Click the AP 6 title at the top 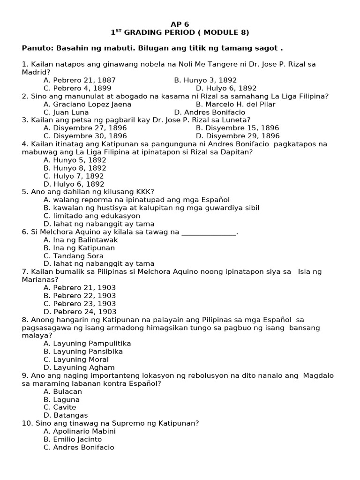pos(180,24)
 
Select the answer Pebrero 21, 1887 pos(80,80)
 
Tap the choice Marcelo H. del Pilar pos(235,104)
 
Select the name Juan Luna pos(66,112)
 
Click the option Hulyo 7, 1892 pos(75,176)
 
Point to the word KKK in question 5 pos(143,192)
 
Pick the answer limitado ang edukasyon pos(92,216)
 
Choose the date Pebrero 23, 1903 pos(80,303)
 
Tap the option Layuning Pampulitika pos(87,343)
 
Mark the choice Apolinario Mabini pos(80,431)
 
